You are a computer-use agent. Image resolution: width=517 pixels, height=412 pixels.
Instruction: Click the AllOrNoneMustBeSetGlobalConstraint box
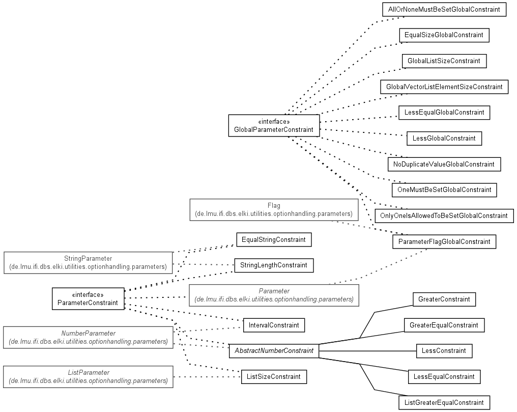click(444, 10)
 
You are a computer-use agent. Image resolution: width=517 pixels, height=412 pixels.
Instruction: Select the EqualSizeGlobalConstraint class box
click(444, 35)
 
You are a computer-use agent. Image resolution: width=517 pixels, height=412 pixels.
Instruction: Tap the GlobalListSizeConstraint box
click(444, 61)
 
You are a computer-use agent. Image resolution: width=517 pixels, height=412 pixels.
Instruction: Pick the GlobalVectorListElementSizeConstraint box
click(444, 87)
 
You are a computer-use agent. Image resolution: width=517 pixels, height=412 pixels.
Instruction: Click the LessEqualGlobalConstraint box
click(444, 113)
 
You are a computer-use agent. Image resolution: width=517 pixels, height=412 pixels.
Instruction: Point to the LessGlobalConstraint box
click(444, 138)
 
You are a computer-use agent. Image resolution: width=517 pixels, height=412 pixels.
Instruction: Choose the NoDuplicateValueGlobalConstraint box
click(444, 164)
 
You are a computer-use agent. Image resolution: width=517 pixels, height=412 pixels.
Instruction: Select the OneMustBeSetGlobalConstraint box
click(444, 190)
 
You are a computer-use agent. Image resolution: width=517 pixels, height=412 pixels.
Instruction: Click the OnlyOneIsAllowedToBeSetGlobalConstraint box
click(444, 216)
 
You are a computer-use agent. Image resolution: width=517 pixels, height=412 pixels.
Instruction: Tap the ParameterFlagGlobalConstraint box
click(444, 241)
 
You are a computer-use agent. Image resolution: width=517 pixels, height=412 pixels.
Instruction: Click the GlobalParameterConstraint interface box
click(274, 126)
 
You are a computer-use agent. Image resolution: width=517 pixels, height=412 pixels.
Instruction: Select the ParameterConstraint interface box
click(88, 299)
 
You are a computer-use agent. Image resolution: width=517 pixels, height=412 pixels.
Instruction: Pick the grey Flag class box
click(274, 210)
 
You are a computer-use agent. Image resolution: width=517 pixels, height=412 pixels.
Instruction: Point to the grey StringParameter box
click(88, 263)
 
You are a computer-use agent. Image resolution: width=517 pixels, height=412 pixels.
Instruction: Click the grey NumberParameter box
click(88, 338)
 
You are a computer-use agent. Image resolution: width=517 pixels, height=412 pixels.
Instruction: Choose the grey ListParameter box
click(88, 377)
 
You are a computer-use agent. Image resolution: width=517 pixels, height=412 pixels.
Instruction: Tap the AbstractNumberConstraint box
click(274, 351)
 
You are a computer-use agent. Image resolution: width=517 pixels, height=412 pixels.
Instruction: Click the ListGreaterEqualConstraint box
click(444, 402)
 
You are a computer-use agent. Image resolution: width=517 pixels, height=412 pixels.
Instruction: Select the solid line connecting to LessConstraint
click(367, 351)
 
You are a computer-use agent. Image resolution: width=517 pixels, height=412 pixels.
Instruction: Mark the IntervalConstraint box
click(274, 325)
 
